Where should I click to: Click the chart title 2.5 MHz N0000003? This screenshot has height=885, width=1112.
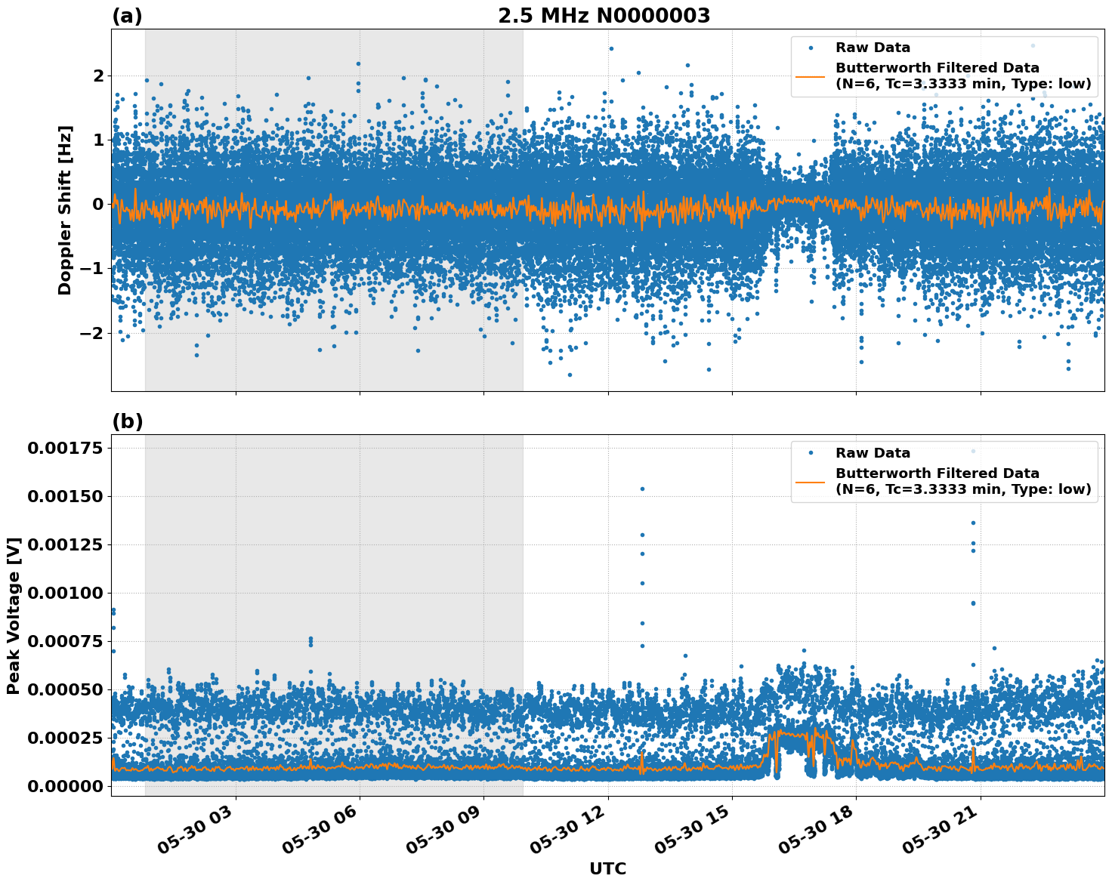[604, 16]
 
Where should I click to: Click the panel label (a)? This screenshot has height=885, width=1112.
[127, 16]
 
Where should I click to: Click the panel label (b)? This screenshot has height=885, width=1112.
[127, 421]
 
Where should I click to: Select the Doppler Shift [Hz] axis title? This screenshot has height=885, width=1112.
[65, 210]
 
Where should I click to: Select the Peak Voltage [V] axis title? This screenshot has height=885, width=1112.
[14, 615]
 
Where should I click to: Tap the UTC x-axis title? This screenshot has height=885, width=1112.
[607, 868]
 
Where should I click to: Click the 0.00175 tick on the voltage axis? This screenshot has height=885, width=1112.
[65, 449]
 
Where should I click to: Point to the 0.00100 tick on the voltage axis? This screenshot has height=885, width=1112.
[65, 593]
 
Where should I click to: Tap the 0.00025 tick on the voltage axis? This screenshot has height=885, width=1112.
[65, 738]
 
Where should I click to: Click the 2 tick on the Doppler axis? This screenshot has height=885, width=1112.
[98, 76]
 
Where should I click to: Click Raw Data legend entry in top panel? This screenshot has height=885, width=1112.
[873, 48]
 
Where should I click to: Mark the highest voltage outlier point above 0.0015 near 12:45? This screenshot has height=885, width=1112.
[642, 489]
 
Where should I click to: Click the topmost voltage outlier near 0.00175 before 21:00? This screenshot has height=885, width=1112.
[973, 452]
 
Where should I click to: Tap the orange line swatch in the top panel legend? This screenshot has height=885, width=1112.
[811, 76]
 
